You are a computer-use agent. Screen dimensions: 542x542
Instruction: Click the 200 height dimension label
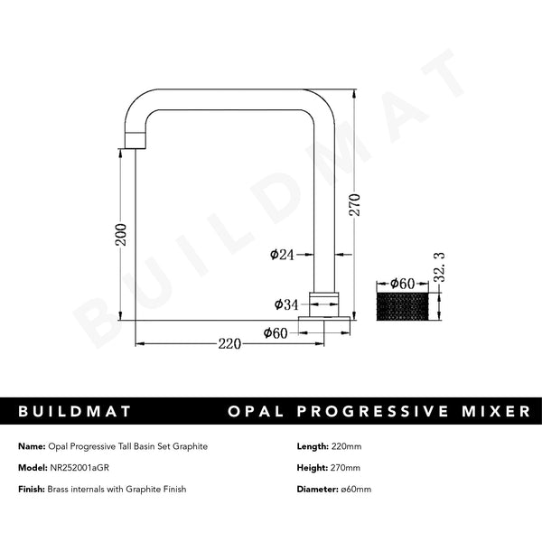(121, 236)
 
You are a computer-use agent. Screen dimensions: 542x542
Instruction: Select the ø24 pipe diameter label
(282, 256)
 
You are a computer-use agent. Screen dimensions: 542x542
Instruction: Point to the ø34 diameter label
(285, 305)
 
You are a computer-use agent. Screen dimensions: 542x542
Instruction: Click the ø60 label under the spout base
(276, 332)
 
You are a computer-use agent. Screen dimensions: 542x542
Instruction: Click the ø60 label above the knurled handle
(400, 284)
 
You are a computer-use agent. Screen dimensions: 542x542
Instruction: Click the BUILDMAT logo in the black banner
(76, 411)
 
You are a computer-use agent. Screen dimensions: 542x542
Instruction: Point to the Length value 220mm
(347, 446)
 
